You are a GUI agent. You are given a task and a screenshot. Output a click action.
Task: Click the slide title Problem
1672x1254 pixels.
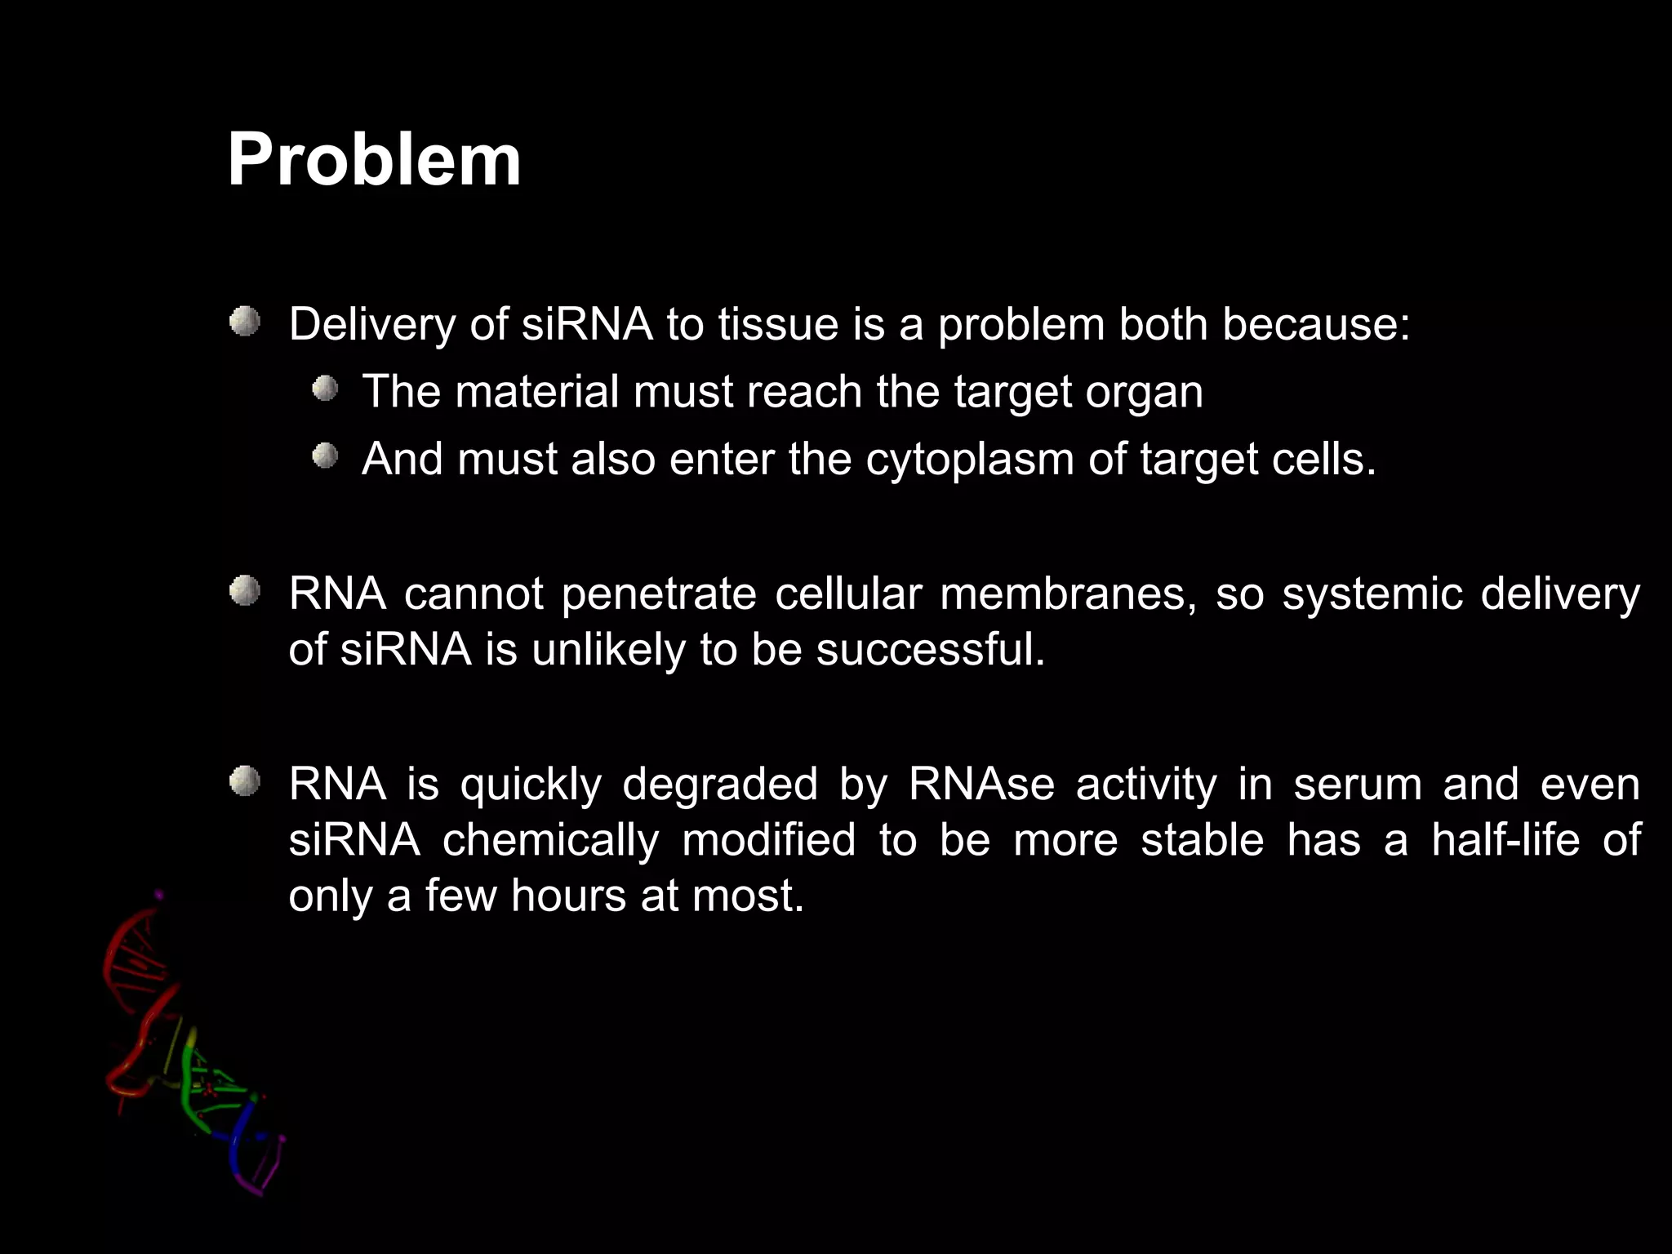pos(374,160)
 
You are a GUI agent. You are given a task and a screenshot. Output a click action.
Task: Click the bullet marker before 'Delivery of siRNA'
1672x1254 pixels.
pos(244,322)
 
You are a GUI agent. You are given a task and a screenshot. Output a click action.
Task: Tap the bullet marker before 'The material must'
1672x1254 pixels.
pos(325,389)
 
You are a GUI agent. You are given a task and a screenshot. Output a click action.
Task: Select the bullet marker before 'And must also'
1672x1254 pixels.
pos(325,456)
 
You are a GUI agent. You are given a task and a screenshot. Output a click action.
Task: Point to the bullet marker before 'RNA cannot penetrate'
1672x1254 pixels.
pos(244,591)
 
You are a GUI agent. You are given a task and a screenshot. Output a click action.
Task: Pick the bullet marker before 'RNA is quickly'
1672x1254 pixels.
pos(244,782)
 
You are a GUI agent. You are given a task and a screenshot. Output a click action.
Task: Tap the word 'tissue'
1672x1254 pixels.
pos(778,325)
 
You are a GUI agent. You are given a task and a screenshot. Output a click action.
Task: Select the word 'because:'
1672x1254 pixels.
pos(1316,325)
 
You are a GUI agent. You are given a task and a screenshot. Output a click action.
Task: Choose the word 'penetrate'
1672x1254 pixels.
pos(659,594)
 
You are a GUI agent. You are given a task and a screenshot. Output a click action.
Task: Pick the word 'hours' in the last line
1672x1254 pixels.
pos(569,896)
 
